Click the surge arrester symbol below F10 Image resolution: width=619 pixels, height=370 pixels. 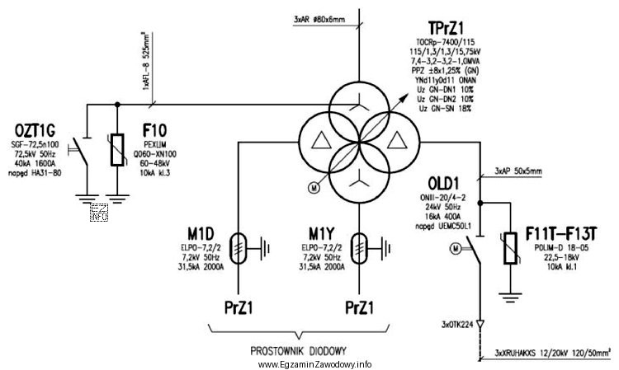pyautogui.click(x=117, y=153)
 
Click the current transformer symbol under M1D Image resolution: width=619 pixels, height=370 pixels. pyautogui.click(x=239, y=245)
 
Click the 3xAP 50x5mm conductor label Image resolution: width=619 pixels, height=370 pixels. pyautogui.click(x=519, y=171)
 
